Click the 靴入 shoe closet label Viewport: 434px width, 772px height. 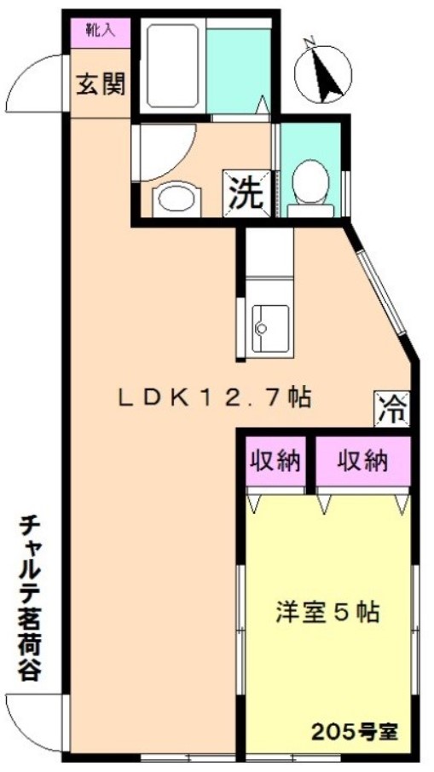tap(100, 31)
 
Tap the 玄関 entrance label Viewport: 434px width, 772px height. tap(101, 84)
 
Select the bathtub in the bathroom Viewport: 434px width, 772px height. tap(172, 66)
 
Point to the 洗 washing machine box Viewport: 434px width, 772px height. tap(246, 193)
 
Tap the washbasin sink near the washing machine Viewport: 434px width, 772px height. tap(176, 199)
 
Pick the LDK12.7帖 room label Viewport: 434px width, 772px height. tap(214, 398)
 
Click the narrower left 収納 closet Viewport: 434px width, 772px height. tap(275, 461)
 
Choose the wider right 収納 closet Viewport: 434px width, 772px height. tap(362, 461)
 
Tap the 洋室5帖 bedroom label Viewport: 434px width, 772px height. tap(327, 612)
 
